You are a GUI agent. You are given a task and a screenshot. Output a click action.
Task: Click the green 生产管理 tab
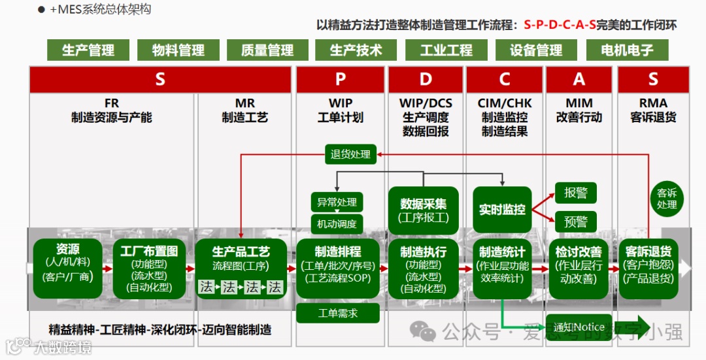click(x=88, y=50)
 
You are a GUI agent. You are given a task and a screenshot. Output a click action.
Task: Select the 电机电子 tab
click(x=627, y=50)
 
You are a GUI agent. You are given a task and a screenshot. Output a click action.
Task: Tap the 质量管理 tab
click(x=267, y=50)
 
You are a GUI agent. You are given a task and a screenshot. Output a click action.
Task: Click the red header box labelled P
click(x=340, y=80)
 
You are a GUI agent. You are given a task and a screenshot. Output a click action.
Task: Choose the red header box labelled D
click(x=426, y=80)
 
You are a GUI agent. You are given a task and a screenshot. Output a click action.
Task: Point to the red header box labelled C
click(x=504, y=80)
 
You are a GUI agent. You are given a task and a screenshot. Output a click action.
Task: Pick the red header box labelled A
click(x=579, y=80)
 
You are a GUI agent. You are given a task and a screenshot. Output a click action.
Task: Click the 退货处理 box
click(x=350, y=154)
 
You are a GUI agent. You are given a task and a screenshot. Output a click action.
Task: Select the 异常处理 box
click(x=337, y=202)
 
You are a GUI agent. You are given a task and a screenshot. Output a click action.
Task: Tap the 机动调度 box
click(x=337, y=224)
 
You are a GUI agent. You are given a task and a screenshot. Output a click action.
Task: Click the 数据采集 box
click(x=424, y=210)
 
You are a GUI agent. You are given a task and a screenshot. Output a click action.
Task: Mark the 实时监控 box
click(x=502, y=210)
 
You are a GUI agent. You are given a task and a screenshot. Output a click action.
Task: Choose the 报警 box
click(x=576, y=193)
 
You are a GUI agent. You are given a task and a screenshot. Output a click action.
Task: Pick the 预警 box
click(x=576, y=221)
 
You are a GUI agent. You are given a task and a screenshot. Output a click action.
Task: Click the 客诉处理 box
click(x=667, y=199)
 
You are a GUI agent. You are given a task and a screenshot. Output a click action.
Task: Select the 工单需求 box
click(x=337, y=313)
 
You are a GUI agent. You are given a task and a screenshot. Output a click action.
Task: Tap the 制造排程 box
click(x=337, y=269)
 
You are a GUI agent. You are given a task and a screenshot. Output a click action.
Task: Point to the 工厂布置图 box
click(x=149, y=269)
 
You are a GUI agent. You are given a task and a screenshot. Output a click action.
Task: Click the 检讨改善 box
click(x=579, y=269)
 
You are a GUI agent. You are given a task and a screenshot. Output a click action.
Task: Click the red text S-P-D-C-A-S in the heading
click(x=560, y=25)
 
